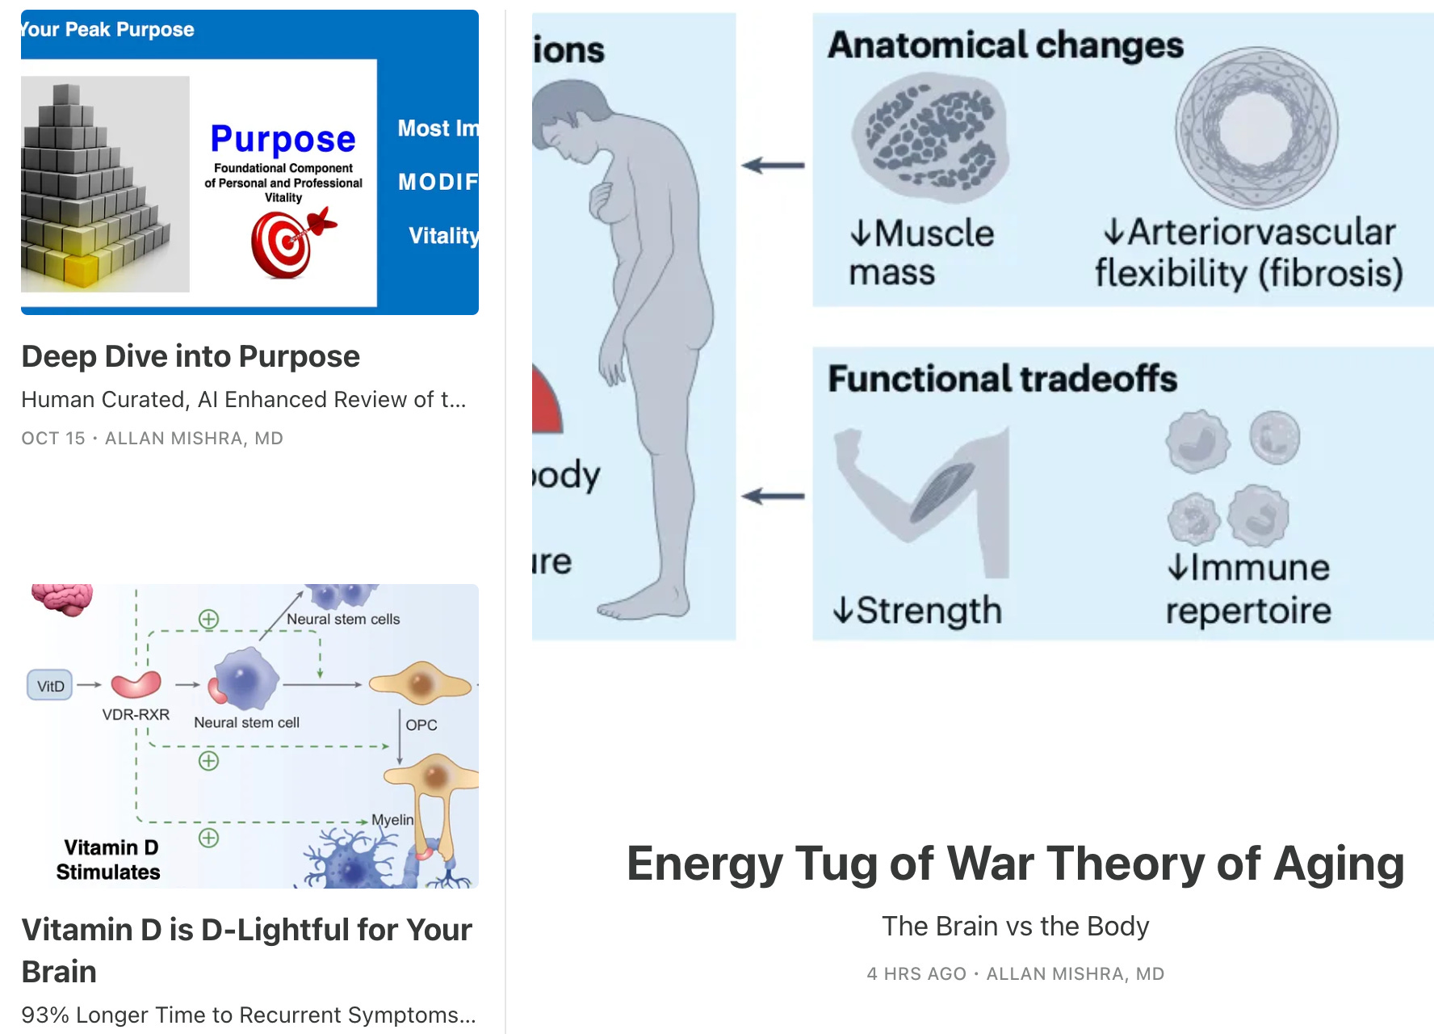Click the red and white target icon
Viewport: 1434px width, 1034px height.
[283, 243]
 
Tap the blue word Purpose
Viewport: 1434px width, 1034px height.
[283, 139]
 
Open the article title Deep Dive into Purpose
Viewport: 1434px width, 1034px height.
[191, 356]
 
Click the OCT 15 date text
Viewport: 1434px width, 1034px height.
[53, 438]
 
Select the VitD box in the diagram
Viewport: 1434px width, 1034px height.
[50, 686]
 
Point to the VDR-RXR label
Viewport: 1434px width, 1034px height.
[136, 715]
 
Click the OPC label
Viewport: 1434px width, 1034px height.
[421, 725]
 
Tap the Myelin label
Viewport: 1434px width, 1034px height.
[392, 819]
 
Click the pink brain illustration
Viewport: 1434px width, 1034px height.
[63, 599]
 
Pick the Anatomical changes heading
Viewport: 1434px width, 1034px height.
[1005, 45]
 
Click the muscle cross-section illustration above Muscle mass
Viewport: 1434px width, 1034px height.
[930, 137]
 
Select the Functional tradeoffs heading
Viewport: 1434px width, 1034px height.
[1002, 378]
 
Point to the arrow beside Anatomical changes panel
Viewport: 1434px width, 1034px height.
[773, 166]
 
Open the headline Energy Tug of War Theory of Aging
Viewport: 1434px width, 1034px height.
[1015, 864]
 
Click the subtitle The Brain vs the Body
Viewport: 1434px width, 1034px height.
[1015, 926]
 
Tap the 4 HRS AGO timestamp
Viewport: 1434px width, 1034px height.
[916, 973]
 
